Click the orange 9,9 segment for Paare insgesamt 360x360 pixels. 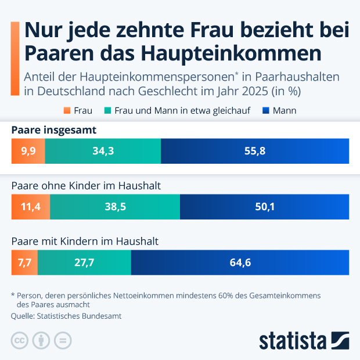(x=28, y=150)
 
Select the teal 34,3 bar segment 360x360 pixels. (x=103, y=150)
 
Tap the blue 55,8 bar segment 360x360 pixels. (x=254, y=150)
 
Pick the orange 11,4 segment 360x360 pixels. (x=31, y=207)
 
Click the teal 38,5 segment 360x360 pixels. (x=115, y=207)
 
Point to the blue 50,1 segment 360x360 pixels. (x=264, y=207)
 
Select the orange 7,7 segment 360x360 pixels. (x=24, y=262)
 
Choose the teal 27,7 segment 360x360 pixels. (x=84, y=262)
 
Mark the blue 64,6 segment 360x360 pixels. (x=240, y=262)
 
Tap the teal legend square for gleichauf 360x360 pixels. (x=107, y=110)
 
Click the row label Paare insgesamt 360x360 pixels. (x=53, y=129)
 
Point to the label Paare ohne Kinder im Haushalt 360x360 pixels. (x=86, y=186)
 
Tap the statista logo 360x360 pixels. (x=303, y=340)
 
